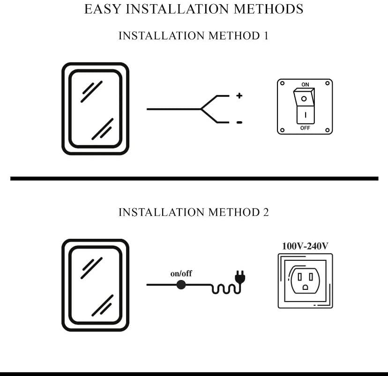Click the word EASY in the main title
coord(102,9)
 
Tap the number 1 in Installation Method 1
coord(265,36)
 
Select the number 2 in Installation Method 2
coord(265,212)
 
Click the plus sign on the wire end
coord(239,96)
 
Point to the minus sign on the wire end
coord(239,123)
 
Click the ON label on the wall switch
coord(305,85)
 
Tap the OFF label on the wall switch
coord(305,127)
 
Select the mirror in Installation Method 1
coord(95,109)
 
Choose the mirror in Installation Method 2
coord(95,285)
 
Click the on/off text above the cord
coord(181,273)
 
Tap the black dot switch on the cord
coord(181,284)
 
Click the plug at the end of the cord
coord(240,279)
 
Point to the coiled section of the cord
coord(223,289)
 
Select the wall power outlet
coord(305,280)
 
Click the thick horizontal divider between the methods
coord(194,178)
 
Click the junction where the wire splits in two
coord(201,109)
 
